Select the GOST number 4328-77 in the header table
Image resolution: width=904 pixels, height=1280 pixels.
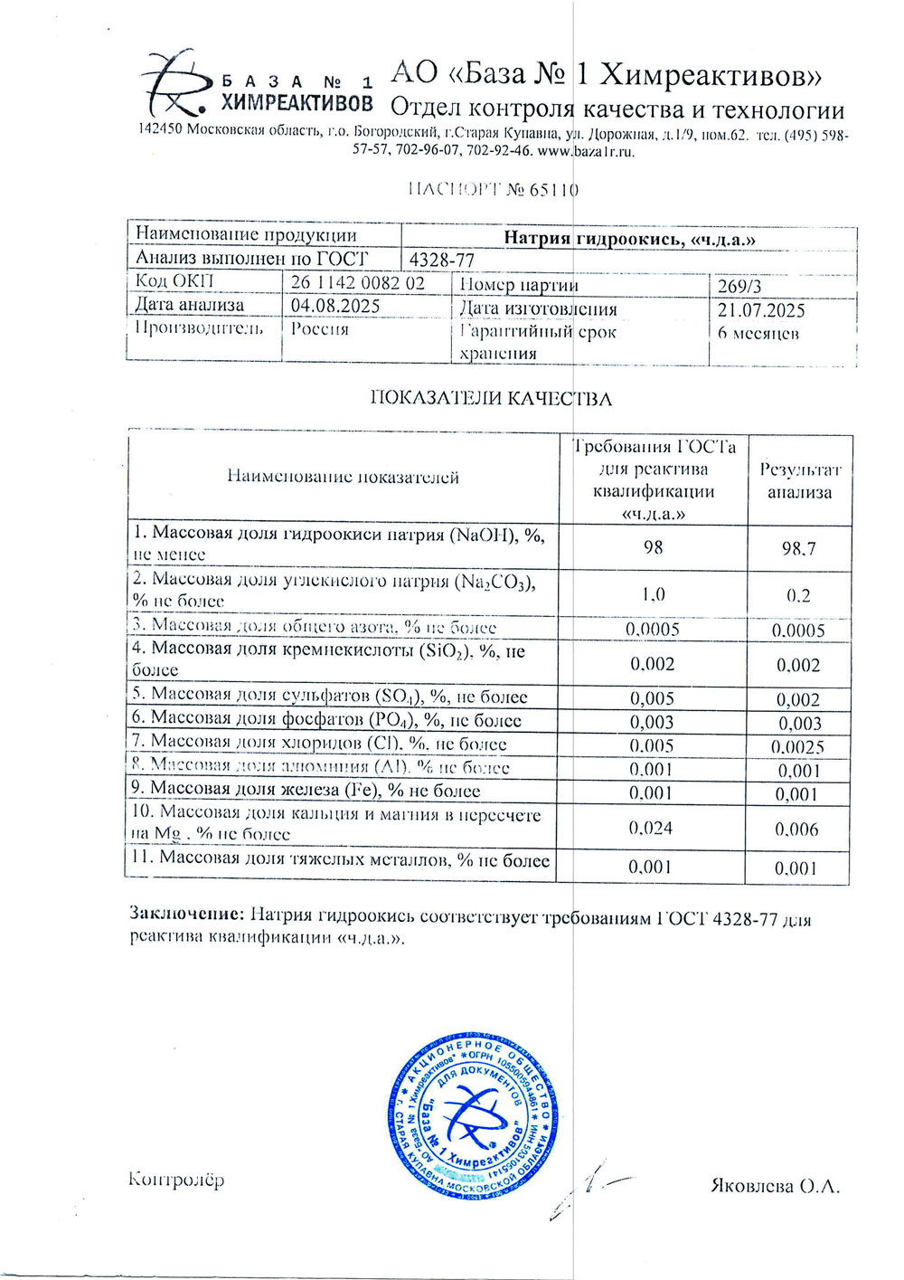pos(442,260)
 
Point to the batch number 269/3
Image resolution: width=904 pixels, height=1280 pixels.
pos(739,286)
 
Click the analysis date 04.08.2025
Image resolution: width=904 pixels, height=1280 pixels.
pos(335,306)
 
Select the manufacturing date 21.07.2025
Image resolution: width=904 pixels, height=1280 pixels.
pos(761,310)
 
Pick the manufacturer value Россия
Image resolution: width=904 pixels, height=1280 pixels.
pos(319,329)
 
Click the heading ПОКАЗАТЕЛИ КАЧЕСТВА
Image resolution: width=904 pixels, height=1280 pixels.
pos(491,399)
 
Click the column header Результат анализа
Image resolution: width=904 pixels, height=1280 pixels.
pos(799,480)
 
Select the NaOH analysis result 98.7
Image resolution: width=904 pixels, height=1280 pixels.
pos(798,549)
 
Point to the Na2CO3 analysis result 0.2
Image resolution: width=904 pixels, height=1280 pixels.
pos(798,596)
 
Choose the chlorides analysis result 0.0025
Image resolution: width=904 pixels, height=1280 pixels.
pos(797,747)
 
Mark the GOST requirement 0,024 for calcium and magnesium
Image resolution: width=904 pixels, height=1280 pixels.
pos(651,828)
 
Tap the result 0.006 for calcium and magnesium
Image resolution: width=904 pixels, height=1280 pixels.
pos(796,830)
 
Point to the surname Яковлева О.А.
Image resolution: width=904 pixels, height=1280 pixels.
pos(775,1186)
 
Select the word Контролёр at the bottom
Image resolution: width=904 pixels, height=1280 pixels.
pos(176,1179)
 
